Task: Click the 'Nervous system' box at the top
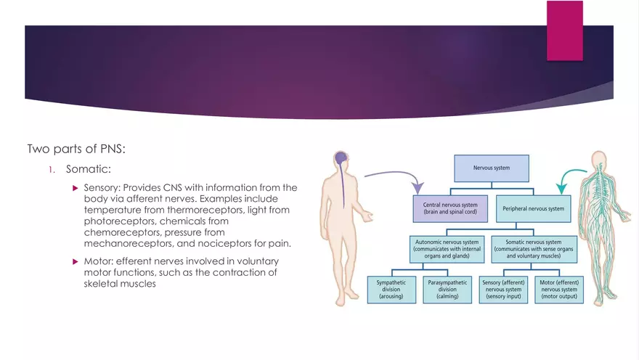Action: (x=492, y=168)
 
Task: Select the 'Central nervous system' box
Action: (x=449, y=208)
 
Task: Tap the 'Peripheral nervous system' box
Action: (x=534, y=208)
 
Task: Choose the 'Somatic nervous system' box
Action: (x=533, y=247)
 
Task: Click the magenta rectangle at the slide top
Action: (x=564, y=30)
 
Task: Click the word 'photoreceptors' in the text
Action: (x=118, y=221)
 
